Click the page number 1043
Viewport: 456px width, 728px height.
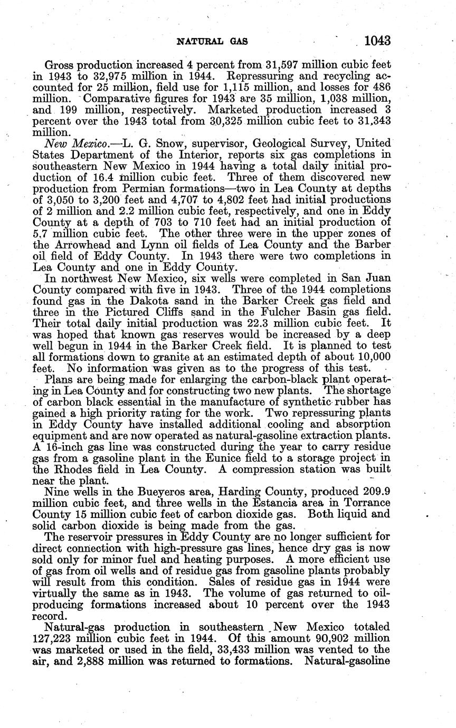click(x=373, y=40)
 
